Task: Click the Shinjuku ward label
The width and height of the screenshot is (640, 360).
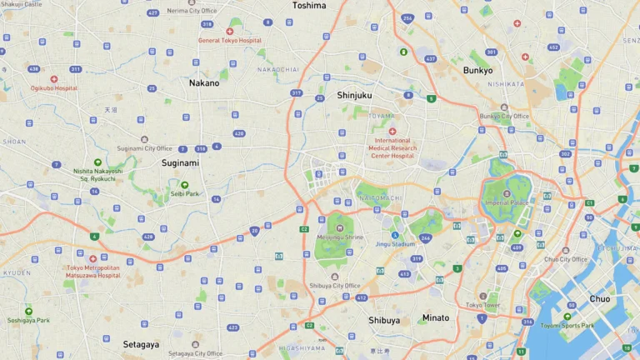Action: [354, 95]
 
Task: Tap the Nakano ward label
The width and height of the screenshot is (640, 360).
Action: [204, 83]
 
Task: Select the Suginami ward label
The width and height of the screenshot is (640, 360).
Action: [180, 163]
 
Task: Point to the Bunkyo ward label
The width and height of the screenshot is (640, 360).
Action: [477, 71]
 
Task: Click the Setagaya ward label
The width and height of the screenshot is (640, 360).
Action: [142, 344]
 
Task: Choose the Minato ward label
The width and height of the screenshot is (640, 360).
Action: [435, 317]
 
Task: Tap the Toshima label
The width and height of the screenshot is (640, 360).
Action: [309, 5]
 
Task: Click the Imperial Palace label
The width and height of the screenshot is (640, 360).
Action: [507, 202]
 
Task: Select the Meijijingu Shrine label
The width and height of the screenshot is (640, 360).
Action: [339, 237]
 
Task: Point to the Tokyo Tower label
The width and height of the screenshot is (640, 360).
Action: [482, 305]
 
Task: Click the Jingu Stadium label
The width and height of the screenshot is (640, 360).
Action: [395, 244]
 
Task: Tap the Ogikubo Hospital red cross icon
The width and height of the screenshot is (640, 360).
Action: [54, 79]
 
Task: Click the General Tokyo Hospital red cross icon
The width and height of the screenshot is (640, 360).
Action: [229, 32]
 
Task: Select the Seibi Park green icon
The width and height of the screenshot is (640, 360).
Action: [184, 185]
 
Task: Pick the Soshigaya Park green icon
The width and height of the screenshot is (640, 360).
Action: [28, 311]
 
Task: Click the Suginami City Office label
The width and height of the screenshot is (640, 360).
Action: [144, 148]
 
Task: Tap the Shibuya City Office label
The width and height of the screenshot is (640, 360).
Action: [334, 286]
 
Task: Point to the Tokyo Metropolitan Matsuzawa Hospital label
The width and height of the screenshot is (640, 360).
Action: [92, 271]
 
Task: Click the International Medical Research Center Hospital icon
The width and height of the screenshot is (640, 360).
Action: [392, 132]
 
